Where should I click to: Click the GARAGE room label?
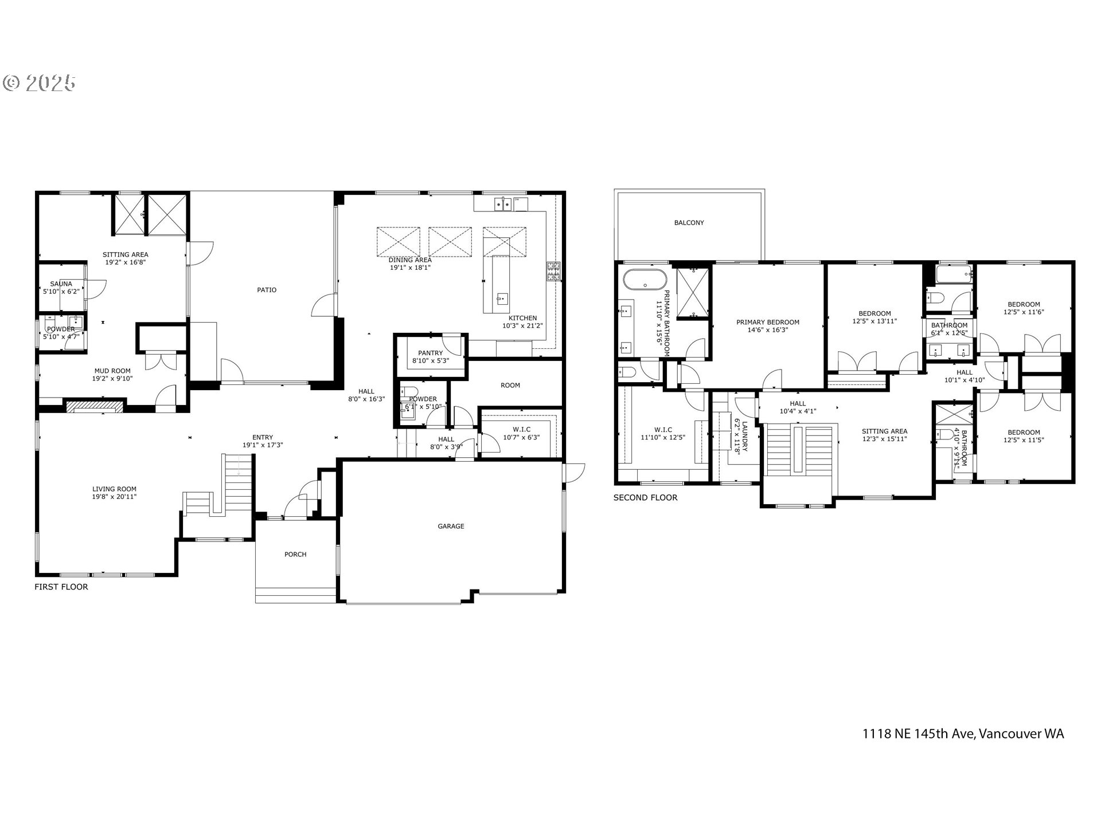[x=451, y=526]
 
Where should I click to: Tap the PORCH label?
[x=295, y=554]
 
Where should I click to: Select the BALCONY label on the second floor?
[x=689, y=222]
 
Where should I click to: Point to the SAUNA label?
[x=61, y=284]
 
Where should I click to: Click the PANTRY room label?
[x=431, y=353]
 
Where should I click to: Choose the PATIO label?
[x=267, y=290]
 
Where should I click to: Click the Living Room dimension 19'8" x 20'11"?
[x=115, y=497]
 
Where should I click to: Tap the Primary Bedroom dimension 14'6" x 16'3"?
[x=768, y=330]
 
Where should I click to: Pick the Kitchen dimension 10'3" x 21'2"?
[x=522, y=325]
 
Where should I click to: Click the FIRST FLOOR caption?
[x=61, y=587]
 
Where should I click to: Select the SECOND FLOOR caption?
[x=646, y=497]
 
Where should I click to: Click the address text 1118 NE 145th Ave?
[x=919, y=734]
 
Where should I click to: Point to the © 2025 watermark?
[x=39, y=84]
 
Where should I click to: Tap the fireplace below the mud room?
[x=95, y=407]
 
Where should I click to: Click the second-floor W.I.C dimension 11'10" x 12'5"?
[x=663, y=437]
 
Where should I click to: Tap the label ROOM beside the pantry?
[x=510, y=385]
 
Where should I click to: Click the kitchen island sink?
[x=502, y=298]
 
